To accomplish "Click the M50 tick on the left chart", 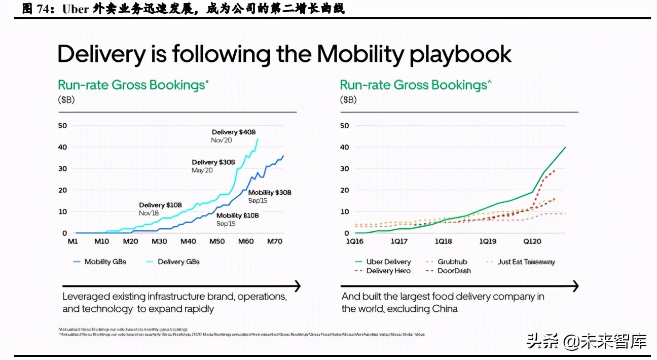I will (x=217, y=241).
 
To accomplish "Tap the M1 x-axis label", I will (x=73, y=241).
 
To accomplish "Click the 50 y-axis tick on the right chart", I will (x=344, y=125).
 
